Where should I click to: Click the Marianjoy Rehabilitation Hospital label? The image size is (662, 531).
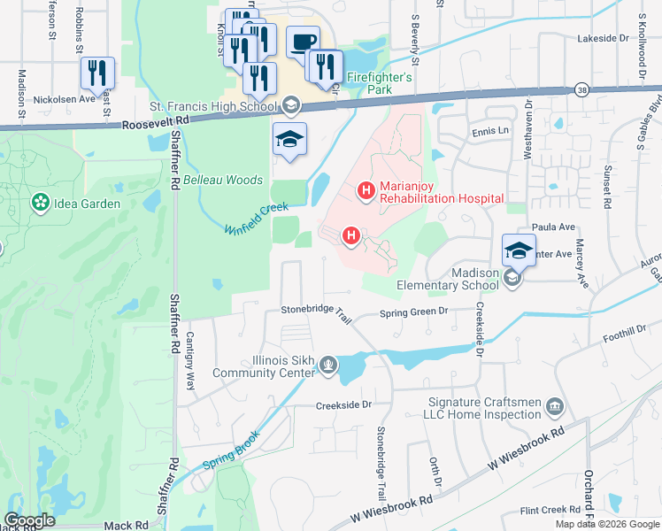point(441,192)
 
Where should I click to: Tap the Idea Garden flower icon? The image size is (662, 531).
point(39,204)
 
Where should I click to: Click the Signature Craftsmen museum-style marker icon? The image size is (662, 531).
point(555,406)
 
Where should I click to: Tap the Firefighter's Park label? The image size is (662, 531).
point(379,84)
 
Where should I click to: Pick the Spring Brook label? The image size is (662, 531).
point(230,451)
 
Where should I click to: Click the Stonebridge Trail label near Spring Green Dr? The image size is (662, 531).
point(312,311)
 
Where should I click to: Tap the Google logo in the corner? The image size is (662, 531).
point(29,520)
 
